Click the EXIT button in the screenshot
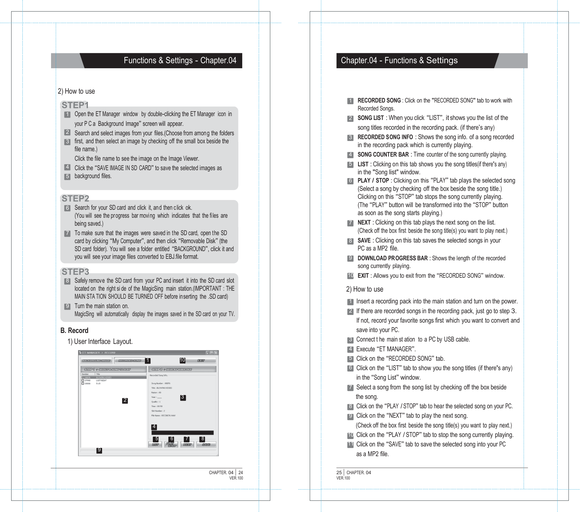tap(201, 360)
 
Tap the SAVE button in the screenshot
tap(206, 444)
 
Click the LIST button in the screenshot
tap(155, 444)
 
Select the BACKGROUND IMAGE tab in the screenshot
tap(96, 360)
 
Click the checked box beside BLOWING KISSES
tap(83, 377)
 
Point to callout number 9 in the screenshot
tap(99, 450)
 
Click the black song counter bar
tap(182, 433)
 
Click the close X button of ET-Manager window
tap(216, 352)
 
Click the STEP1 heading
tap(75, 105)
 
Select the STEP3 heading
tap(75, 272)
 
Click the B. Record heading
tap(74, 330)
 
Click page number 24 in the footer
tap(240, 472)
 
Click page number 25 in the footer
tap(339, 472)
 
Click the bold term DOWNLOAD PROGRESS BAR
tap(392, 258)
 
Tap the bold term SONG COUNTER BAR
tap(383, 155)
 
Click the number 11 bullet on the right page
tap(350, 444)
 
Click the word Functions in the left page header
tap(140, 61)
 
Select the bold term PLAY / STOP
tap(373, 181)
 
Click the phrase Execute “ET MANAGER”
tap(386, 349)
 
